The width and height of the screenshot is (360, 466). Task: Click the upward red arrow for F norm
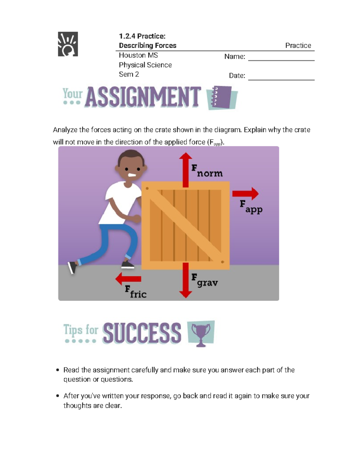[186, 170]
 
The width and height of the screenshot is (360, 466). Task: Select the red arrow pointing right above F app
[245, 194]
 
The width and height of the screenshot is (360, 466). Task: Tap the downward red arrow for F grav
[186, 280]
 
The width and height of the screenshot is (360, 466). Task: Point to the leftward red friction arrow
[128, 279]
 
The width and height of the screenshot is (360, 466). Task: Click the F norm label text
[207, 171]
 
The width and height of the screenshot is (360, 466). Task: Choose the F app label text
[251, 207]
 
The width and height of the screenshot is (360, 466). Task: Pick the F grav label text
[205, 281]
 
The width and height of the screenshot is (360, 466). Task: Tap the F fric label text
[136, 292]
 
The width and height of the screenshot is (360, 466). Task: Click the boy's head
[131, 168]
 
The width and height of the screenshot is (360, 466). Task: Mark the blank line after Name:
[281, 60]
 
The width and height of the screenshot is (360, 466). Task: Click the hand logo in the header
[68, 44]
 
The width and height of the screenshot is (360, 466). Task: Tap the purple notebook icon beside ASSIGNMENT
[222, 98]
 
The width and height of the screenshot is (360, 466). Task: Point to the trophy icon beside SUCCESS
[201, 333]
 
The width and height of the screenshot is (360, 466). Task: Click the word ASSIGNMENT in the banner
[143, 97]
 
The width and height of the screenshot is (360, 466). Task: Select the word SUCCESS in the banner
[142, 333]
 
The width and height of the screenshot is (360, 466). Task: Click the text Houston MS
[138, 55]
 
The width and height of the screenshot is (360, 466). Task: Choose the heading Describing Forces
[148, 46]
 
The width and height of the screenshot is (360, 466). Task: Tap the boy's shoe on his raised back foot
[72, 267]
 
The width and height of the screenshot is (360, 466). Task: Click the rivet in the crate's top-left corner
[147, 188]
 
